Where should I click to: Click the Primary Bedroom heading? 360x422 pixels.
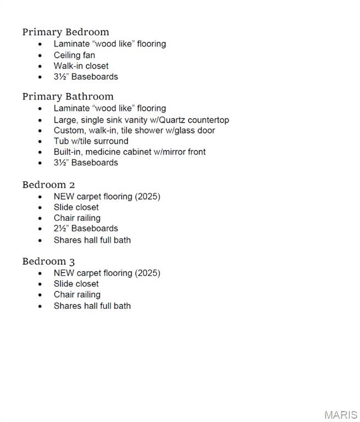(65, 32)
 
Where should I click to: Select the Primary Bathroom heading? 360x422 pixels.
(68, 97)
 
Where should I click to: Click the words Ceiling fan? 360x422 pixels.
(74, 55)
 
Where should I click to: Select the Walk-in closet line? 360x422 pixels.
(81, 66)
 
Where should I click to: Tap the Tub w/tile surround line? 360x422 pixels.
(91, 141)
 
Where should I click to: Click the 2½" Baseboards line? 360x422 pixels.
(86, 229)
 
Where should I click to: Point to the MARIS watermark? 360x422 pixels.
(341, 415)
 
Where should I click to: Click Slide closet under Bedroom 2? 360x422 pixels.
(76, 207)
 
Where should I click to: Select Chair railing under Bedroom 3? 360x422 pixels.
(77, 295)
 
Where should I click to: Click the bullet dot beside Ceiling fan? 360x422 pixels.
(40, 55)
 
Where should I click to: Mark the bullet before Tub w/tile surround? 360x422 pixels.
(40, 142)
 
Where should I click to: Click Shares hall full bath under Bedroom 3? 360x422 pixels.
(92, 306)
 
